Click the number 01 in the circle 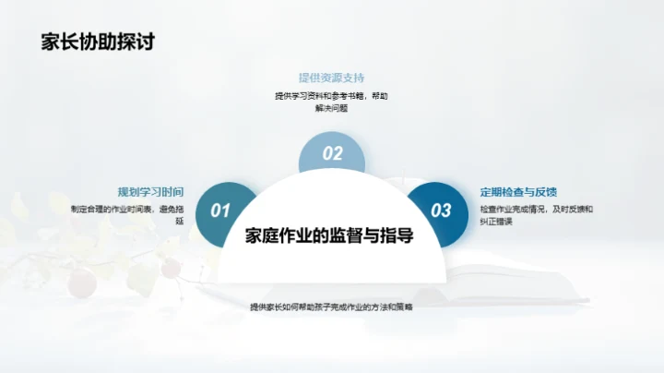[220, 211]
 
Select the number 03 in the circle [442, 211]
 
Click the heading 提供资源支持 [331, 77]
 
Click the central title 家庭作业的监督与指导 [329, 235]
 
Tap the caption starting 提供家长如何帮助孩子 [331, 307]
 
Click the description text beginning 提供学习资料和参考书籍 [331, 96]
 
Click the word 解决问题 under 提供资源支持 [331, 108]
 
